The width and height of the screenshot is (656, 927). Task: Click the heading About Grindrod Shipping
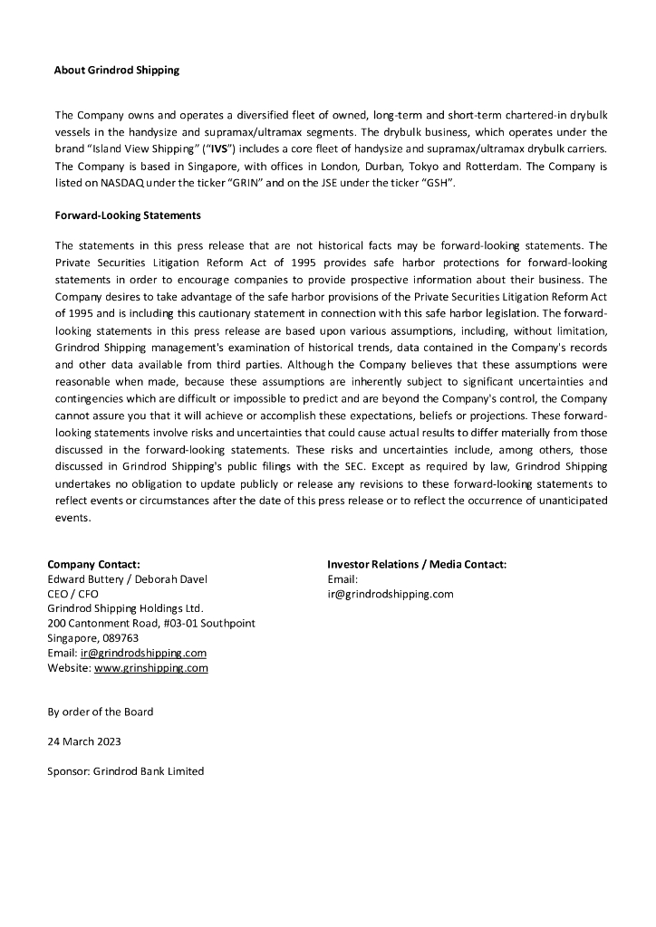[117, 70]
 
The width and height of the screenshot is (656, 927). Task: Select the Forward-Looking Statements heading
[128, 215]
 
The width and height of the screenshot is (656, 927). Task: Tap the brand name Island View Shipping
[133, 148]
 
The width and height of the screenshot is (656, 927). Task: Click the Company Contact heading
[93, 564]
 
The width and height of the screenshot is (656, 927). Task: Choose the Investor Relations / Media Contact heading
[417, 564]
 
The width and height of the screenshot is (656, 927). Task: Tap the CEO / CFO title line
[73, 594]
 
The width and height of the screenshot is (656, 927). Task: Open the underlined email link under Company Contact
[143, 653]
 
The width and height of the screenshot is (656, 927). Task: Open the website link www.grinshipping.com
[151, 668]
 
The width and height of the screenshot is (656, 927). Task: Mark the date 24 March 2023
[84, 741]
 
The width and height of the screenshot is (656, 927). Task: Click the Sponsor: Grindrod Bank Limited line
[126, 771]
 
